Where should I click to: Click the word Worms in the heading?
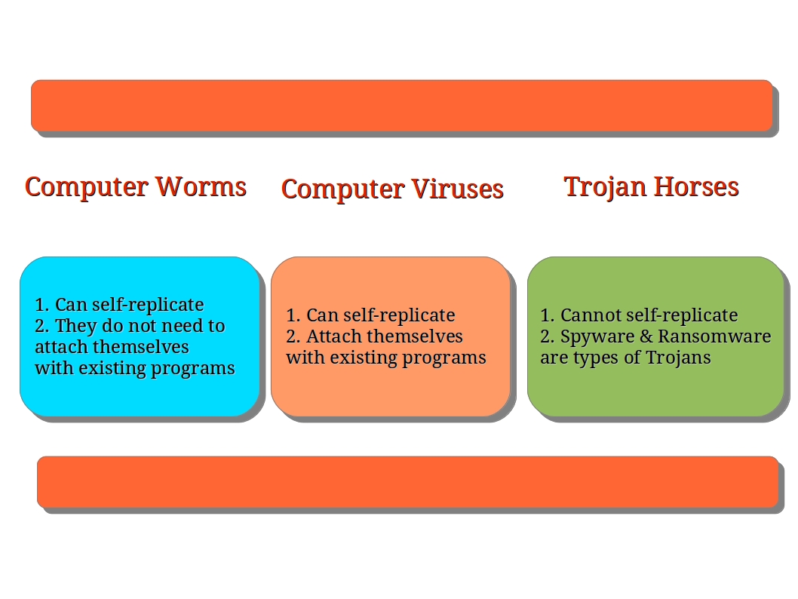pyautogui.click(x=201, y=186)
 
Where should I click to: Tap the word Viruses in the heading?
pyautogui.click(x=458, y=189)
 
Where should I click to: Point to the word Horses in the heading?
pyautogui.click(x=696, y=186)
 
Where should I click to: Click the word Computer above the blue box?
pyautogui.click(x=87, y=188)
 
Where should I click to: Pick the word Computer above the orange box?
pyautogui.click(x=343, y=190)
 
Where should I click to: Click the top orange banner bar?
pyautogui.click(x=402, y=106)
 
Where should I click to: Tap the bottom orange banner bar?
pyautogui.click(x=407, y=482)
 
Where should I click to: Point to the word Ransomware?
pyautogui.click(x=714, y=336)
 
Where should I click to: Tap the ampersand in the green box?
pyautogui.click(x=646, y=336)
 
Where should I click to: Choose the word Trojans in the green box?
pyautogui.click(x=678, y=358)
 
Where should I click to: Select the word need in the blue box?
pyautogui.click(x=173, y=326)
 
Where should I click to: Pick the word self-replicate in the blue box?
pyautogui.click(x=148, y=305)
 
